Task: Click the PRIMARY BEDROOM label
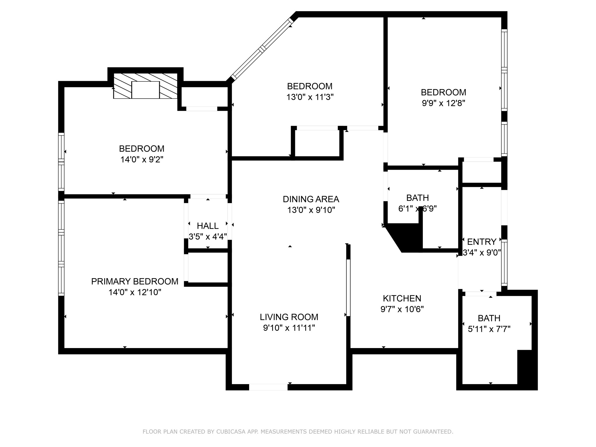point(135,281)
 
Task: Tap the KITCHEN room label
point(402,298)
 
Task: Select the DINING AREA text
point(311,199)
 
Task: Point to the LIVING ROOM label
point(289,317)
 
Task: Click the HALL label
point(208,226)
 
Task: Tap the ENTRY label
point(482,242)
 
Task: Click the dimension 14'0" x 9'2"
point(142,159)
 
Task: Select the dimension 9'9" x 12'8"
point(444,103)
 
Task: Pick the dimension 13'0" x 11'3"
point(310,97)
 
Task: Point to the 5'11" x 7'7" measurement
point(489,329)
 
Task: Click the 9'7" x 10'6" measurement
point(402,309)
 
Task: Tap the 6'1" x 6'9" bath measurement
point(417,209)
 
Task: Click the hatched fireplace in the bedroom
point(145,86)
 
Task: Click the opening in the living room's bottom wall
point(268,387)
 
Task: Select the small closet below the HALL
point(208,267)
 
